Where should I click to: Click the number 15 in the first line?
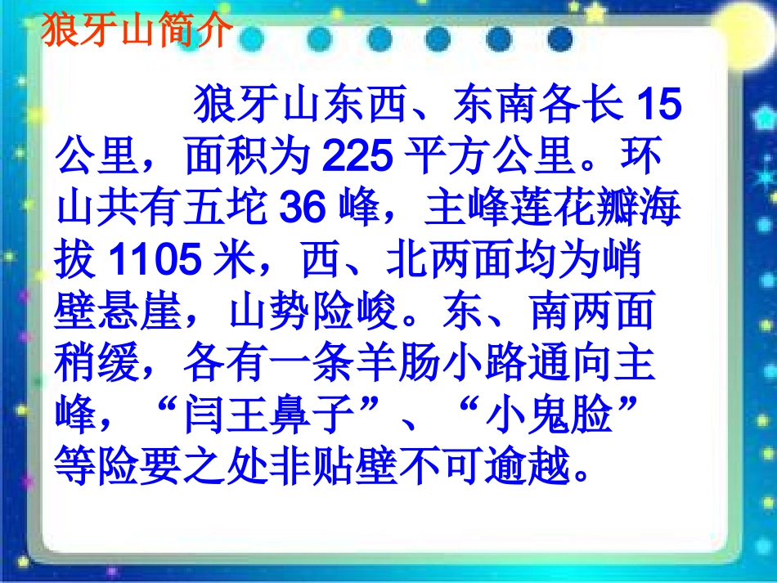click(x=658, y=105)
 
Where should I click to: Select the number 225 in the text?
click(x=357, y=158)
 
